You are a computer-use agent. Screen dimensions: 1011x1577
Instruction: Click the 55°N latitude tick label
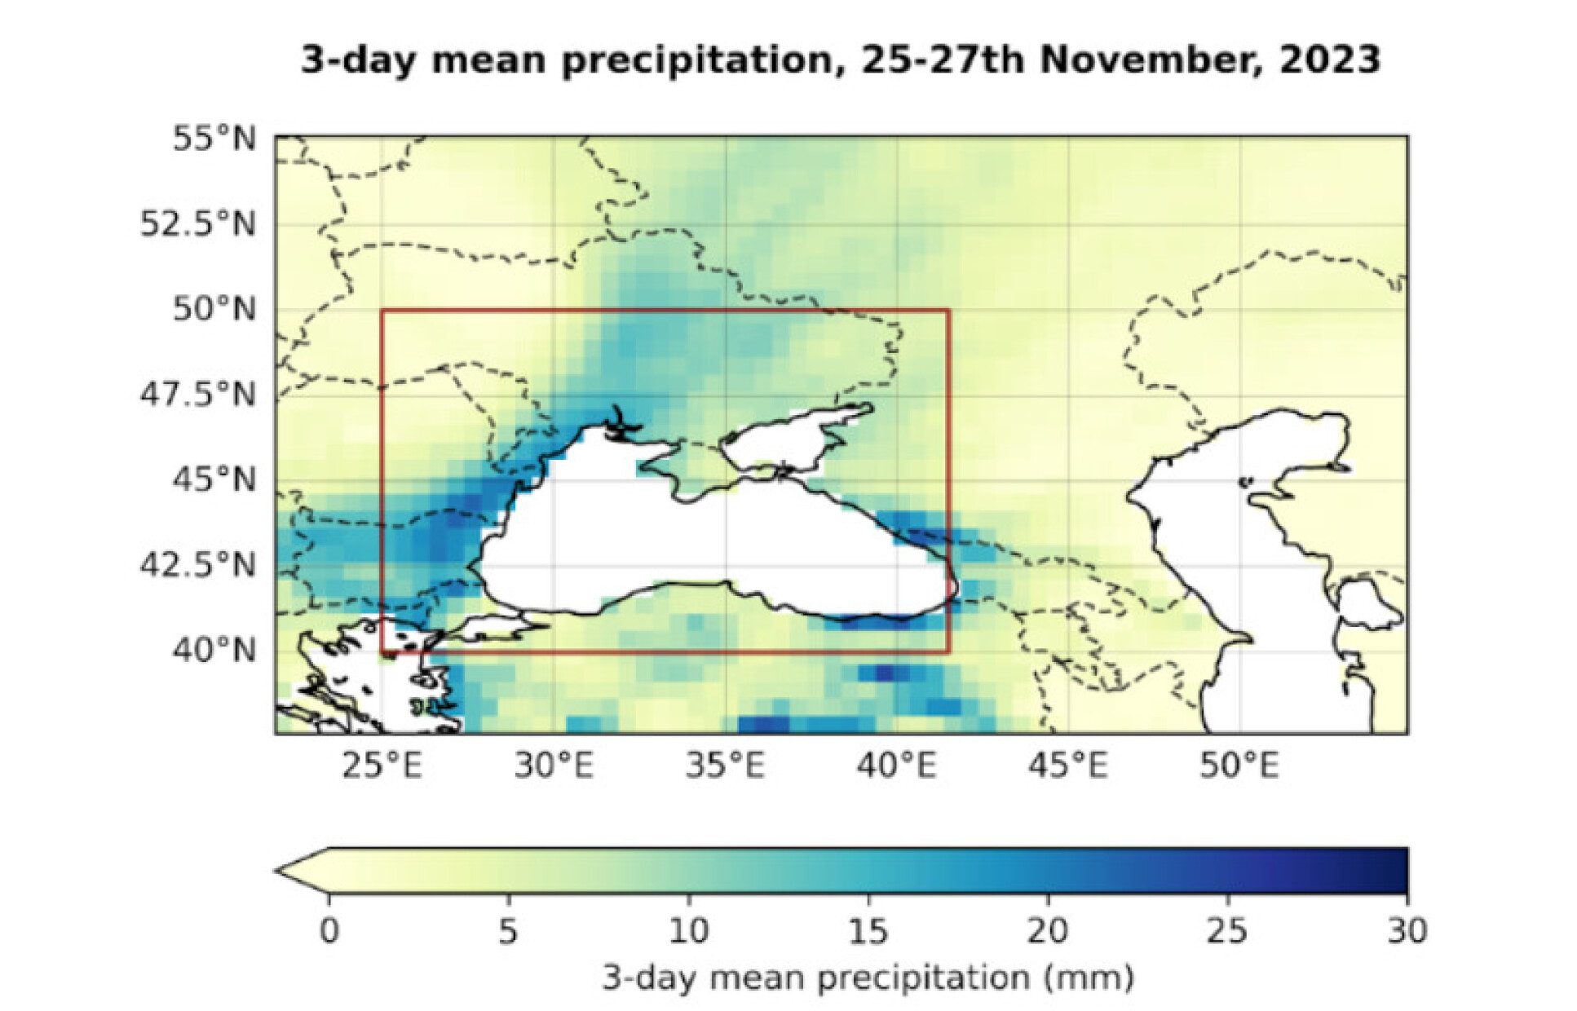tap(214, 139)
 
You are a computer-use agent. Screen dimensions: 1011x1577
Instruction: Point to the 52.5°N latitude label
tap(197, 223)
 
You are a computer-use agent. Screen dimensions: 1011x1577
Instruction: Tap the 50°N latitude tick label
tap(214, 309)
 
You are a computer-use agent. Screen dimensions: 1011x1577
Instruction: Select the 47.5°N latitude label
tap(197, 395)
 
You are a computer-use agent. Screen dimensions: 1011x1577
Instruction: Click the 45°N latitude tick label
tap(214, 479)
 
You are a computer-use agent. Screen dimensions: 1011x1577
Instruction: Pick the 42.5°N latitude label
tap(197, 564)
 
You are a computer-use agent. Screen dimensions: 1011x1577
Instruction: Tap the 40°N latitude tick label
tap(214, 650)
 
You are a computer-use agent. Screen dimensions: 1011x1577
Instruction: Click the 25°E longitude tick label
tap(382, 766)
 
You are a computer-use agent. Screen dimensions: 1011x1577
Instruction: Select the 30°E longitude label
tap(554, 766)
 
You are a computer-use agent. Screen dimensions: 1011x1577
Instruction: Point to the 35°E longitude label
tap(725, 766)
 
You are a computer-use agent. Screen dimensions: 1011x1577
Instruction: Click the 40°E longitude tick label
tap(896, 766)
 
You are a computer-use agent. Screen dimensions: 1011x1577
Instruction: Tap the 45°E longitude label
tap(1068, 766)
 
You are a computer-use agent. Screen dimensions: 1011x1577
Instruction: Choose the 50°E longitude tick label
tap(1239, 766)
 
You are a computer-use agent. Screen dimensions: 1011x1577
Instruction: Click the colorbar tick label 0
tap(329, 930)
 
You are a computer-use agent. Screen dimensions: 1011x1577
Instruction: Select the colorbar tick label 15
tap(868, 930)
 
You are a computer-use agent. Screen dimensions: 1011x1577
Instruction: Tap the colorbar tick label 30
tap(1407, 930)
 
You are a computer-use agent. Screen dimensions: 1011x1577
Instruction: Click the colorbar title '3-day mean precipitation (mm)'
tap(868, 977)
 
